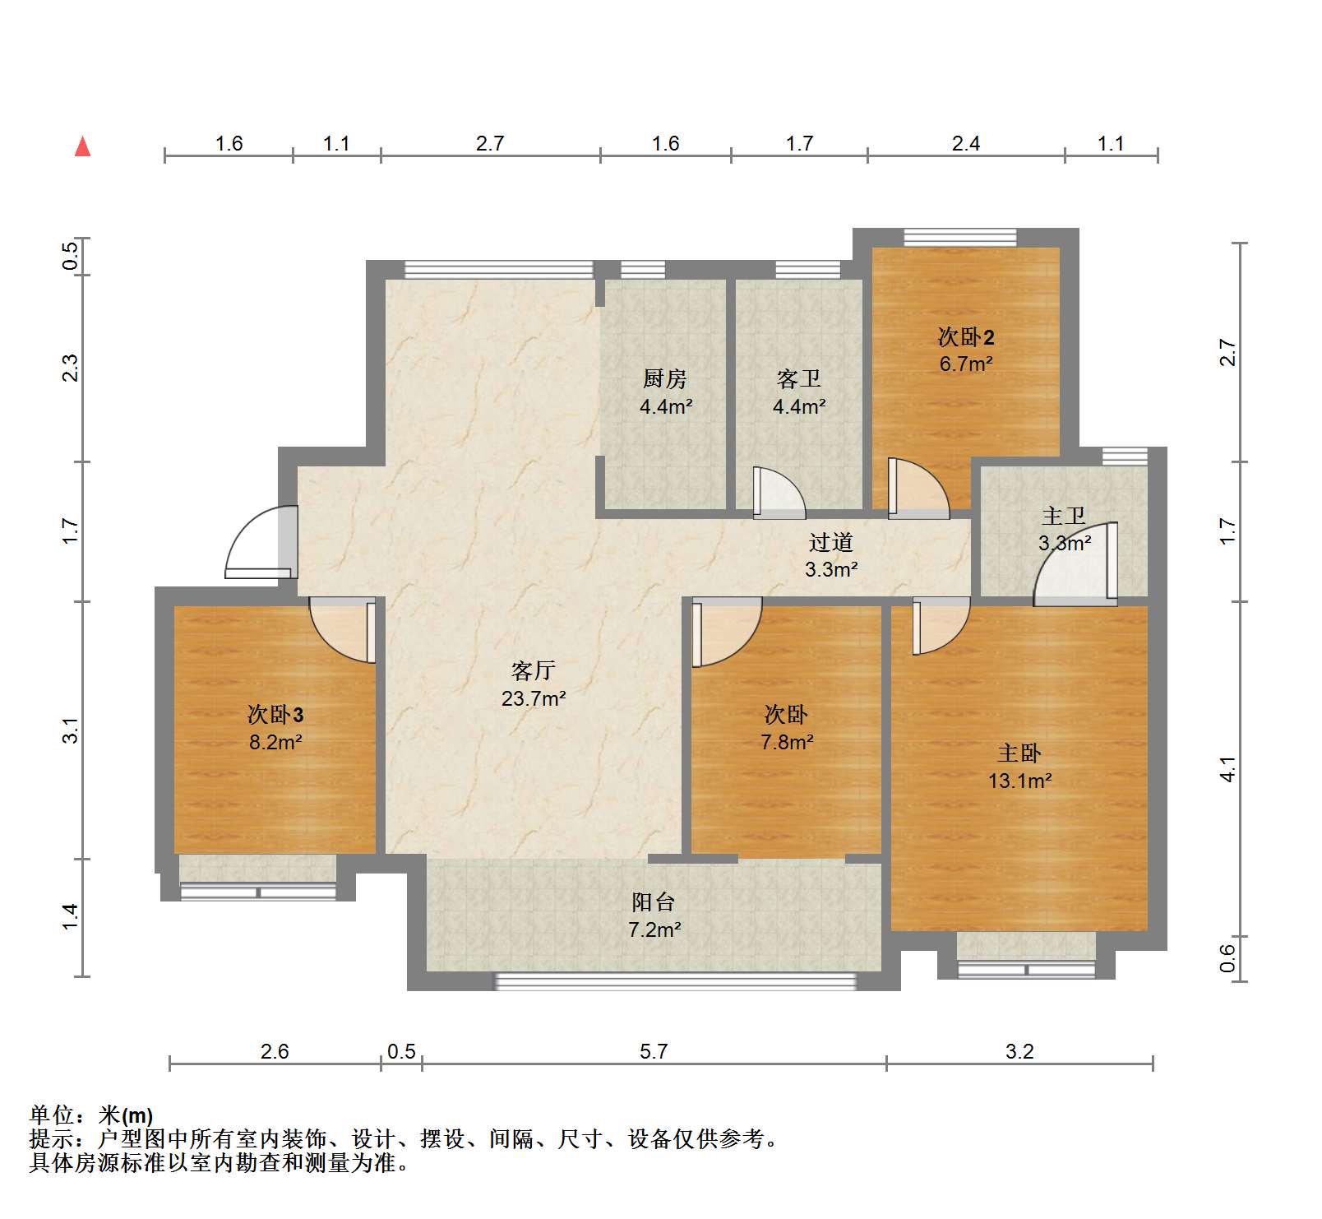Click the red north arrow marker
coord(82,147)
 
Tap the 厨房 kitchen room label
coord(664,379)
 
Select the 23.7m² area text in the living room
coord(533,699)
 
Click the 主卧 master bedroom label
coord(1019,753)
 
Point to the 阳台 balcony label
coord(654,902)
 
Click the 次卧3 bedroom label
coord(275,715)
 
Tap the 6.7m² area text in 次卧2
coord(966,364)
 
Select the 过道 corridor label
coord(830,543)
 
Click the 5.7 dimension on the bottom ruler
coord(654,1052)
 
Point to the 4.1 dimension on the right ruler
coord(1227,769)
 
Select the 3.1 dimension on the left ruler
coord(71,730)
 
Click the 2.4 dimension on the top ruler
coord(966,144)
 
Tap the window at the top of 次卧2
coord(960,238)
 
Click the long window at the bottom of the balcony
coord(674,981)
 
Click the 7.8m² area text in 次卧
coord(787,743)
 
